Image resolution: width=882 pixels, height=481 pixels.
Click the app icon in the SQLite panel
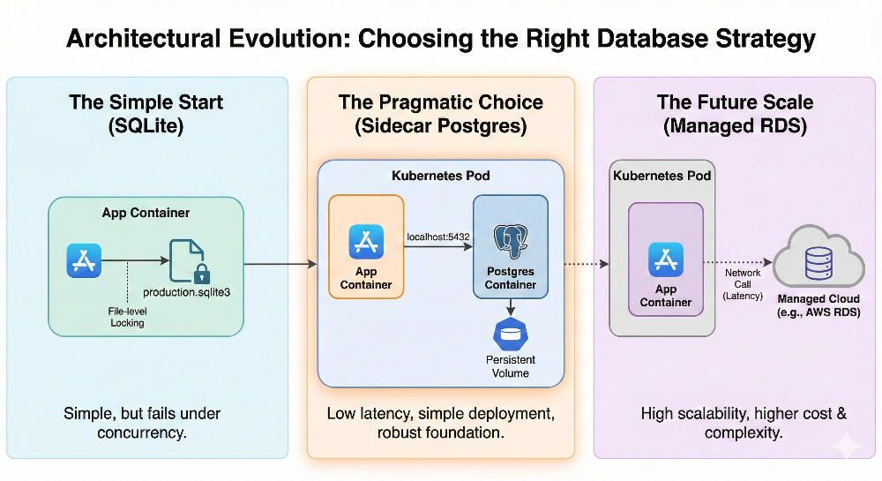pyautogui.click(x=84, y=262)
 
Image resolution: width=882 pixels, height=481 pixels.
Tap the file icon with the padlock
pyautogui.click(x=188, y=261)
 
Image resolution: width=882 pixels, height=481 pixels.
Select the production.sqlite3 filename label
pyautogui.click(x=186, y=292)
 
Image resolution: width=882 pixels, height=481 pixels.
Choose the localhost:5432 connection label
pyautogui.click(x=437, y=237)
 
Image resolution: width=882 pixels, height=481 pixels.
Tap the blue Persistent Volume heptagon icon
pyautogui.click(x=511, y=334)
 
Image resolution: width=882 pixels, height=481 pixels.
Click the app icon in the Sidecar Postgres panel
pyautogui.click(x=366, y=242)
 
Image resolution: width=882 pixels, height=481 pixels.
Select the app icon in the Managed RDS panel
pyautogui.click(x=665, y=260)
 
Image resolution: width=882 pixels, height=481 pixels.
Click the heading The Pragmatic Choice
pyautogui.click(x=441, y=102)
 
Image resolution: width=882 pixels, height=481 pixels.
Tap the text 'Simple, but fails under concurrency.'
pyautogui.click(x=143, y=423)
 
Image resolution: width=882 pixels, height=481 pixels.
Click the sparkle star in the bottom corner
pyautogui.click(x=846, y=445)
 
